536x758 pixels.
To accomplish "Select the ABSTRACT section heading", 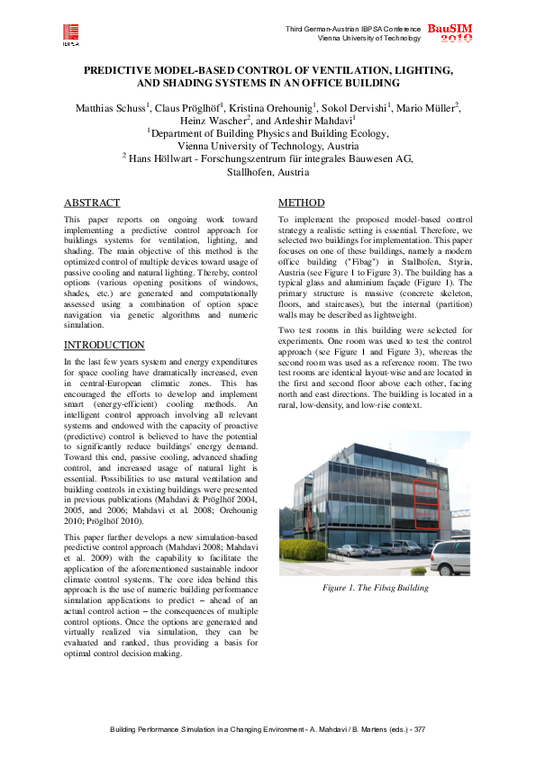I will pyautogui.click(x=92, y=203).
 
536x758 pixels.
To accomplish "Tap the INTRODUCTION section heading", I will pyautogui.click(x=104, y=345).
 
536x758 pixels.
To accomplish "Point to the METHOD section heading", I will pyautogui.click(x=301, y=203).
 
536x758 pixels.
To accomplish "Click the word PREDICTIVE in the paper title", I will pyautogui.click(x=120, y=69).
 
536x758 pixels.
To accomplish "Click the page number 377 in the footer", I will pyautogui.click(x=418, y=728).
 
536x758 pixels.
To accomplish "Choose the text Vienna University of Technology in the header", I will pyautogui.click(x=368, y=38).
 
